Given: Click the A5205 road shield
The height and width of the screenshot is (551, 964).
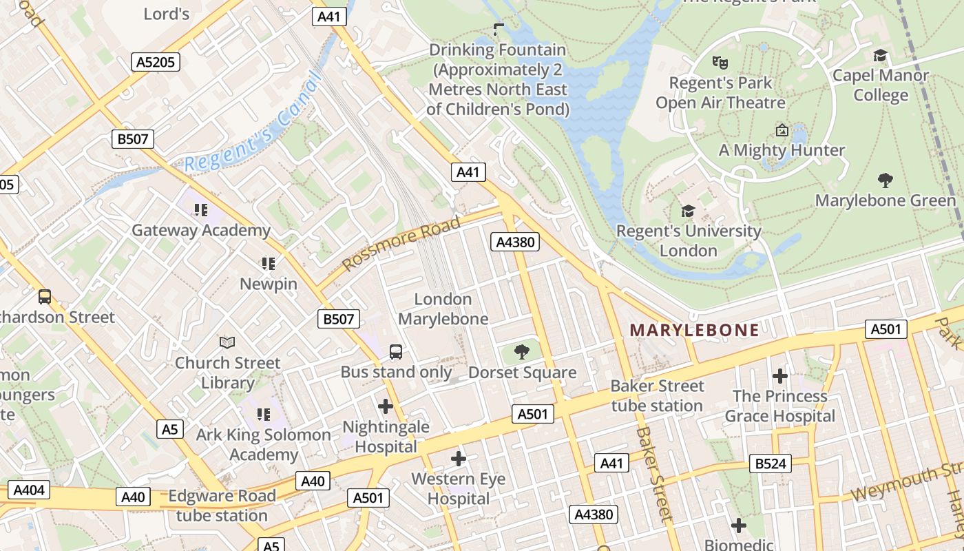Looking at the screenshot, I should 156,62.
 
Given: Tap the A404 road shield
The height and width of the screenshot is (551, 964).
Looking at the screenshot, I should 29,490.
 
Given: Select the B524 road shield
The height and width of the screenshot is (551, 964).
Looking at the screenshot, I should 771,464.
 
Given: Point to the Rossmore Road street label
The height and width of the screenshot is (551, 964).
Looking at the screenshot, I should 401,244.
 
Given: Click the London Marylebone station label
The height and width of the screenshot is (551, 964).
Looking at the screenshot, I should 443,309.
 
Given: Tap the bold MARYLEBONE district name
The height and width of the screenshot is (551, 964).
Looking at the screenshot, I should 694,330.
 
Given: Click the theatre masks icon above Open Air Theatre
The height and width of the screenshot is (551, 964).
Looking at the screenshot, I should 720,63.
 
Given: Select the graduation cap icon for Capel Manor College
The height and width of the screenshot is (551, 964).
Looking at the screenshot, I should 880,56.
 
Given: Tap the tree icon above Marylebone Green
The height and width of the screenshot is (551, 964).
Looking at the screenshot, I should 886,180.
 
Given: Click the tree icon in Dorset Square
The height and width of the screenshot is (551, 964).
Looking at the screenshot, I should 522,353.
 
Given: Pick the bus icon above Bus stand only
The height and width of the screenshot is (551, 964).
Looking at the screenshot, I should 396,352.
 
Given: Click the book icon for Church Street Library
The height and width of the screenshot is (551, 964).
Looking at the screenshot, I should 227,342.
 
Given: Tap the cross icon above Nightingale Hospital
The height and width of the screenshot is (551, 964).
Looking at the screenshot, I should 386,406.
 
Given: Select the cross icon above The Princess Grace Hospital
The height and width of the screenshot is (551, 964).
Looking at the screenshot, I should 779,376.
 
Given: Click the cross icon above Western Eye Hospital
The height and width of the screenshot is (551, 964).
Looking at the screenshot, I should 458,458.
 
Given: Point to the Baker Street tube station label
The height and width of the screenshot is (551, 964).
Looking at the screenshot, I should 657,395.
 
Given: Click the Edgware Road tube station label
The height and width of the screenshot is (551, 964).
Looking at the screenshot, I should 222,506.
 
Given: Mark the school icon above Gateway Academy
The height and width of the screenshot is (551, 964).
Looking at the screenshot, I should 200,209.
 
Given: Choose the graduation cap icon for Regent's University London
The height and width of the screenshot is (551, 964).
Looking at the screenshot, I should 688,211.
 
